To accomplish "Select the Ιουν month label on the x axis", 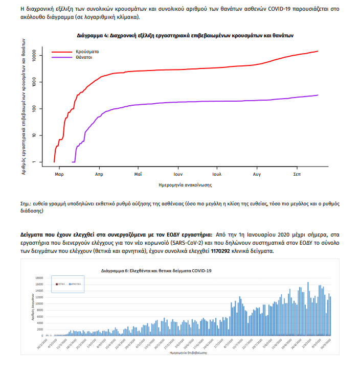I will [177, 174].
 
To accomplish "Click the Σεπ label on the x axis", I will [297, 174].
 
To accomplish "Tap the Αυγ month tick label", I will [257, 174].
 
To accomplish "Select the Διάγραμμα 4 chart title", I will [185, 36].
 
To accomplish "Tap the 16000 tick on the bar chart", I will [39, 278].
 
